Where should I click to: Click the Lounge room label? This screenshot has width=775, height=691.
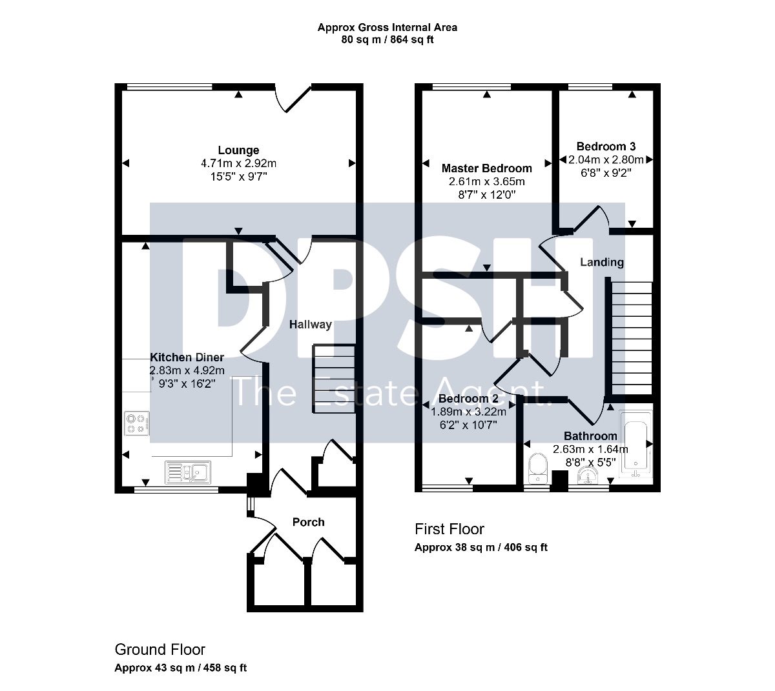pos(238,150)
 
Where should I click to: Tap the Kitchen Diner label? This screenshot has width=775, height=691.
pos(187,357)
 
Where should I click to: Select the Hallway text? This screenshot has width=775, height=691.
pos(310,325)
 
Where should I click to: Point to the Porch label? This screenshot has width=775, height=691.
pos(308,522)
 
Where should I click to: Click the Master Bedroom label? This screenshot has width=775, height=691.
pos(486,168)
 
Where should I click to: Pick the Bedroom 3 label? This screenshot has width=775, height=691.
pos(606,146)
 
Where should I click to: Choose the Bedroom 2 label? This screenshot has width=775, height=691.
pos(468,399)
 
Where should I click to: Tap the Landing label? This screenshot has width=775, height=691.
pos(602,262)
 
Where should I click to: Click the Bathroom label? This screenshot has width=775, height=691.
pos(590,436)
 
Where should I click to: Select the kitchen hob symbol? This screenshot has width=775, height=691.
pos(136,423)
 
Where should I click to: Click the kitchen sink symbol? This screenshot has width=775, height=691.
pos(187,472)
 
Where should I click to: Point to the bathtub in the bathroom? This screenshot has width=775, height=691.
pos(635,445)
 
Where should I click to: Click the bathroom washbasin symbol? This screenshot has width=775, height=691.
pos(588,476)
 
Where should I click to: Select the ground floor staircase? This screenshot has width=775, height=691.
pos(335,379)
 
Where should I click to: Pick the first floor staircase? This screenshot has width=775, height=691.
pos(631,338)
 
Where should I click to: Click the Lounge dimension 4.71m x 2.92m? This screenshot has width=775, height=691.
pos(239,164)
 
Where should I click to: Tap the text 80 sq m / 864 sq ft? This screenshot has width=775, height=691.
pos(387,40)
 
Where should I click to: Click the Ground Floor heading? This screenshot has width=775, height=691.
pos(160,649)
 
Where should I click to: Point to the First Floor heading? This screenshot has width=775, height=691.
pos(449,529)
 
